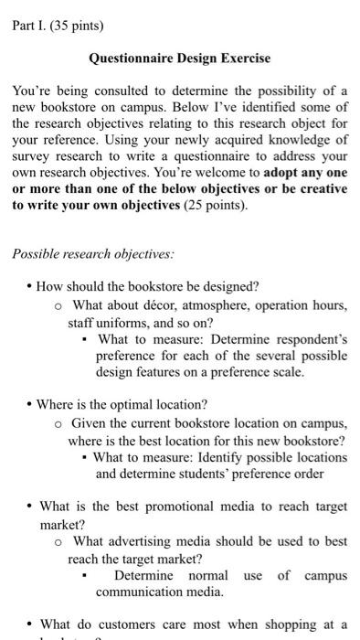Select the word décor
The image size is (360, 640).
point(158,305)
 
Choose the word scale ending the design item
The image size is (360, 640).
point(284,372)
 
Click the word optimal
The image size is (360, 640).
point(118,403)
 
